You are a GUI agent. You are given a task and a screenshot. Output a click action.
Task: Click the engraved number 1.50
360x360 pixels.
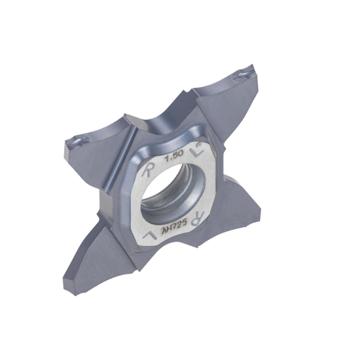175,156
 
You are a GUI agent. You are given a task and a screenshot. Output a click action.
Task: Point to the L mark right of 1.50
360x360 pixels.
198,152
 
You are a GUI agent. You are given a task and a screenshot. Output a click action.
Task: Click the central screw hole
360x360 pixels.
173,191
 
